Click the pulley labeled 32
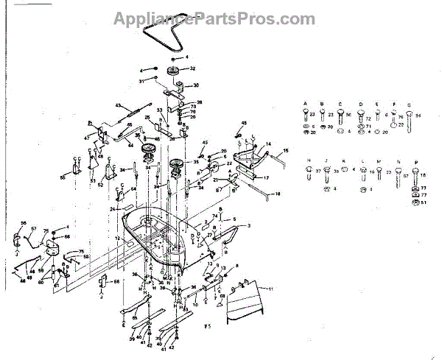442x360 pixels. (175, 71)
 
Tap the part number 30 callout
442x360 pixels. (197, 85)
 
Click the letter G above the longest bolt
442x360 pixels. (409, 104)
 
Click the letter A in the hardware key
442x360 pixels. (305, 104)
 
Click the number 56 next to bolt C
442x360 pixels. (348, 115)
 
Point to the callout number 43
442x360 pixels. (117, 106)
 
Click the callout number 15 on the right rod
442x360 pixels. (285, 151)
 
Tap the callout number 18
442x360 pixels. (278, 193)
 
